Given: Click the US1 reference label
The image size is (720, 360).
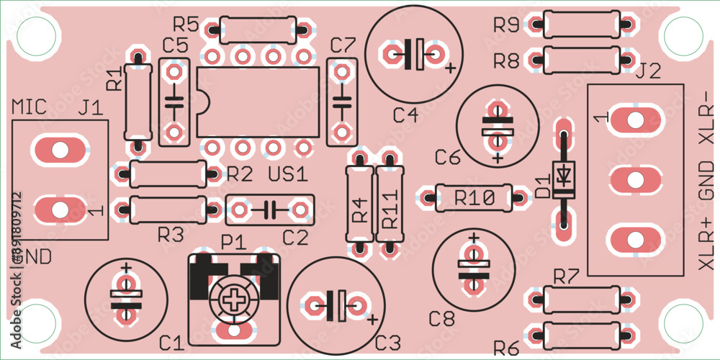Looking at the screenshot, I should (287, 174).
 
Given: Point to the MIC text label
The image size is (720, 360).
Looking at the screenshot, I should (30, 107).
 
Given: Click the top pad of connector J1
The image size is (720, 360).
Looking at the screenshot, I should (60, 150).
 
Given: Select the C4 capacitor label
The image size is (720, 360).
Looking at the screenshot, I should (405, 114).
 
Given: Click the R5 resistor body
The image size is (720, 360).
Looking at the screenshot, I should (258, 30).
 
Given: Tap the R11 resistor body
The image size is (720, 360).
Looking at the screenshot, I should (390, 204).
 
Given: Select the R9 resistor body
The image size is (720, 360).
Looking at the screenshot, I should (581, 24).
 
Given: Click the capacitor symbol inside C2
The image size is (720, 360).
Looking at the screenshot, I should (269, 210).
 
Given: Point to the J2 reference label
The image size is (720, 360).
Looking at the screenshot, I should (649, 71).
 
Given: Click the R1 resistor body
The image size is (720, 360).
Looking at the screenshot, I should (138, 102).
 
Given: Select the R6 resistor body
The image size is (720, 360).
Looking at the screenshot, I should (581, 335).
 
